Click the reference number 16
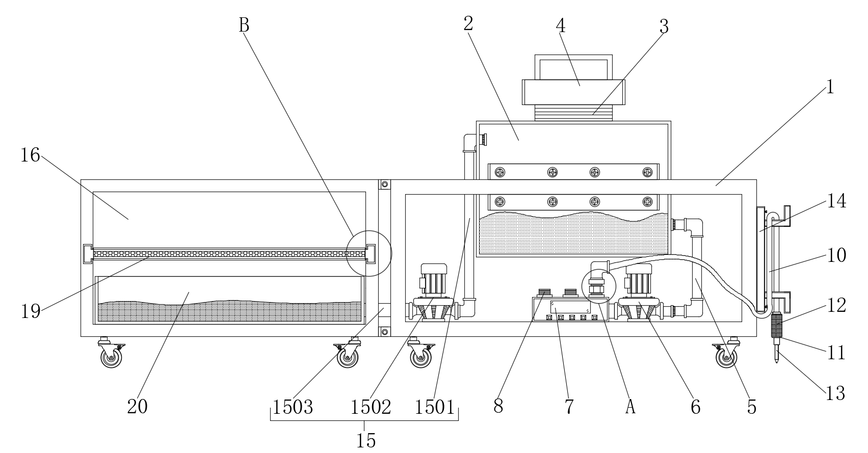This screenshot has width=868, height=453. pyautogui.click(x=30, y=155)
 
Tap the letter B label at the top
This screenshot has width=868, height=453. pyautogui.click(x=244, y=25)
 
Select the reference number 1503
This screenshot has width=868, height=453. pyautogui.click(x=293, y=407)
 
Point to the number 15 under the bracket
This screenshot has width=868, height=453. pyautogui.click(x=366, y=440)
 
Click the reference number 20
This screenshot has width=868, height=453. pyautogui.click(x=138, y=407)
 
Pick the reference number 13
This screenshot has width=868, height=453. pyautogui.click(x=835, y=394)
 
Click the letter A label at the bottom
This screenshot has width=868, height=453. pyautogui.click(x=630, y=407)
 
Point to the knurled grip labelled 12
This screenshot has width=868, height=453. pyautogui.click(x=776, y=325)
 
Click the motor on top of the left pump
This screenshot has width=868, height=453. pyautogui.click(x=434, y=279)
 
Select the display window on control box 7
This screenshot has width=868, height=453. pyautogui.click(x=570, y=307)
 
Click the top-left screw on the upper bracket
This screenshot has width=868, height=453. pyautogui.click(x=500, y=172)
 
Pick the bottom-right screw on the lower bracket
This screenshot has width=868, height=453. pyautogui.click(x=647, y=201)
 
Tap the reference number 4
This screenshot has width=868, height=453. pyautogui.click(x=561, y=26)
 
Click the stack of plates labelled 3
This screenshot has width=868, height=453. pyautogui.click(x=573, y=113)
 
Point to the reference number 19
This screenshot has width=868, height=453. pyautogui.click(x=30, y=311)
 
